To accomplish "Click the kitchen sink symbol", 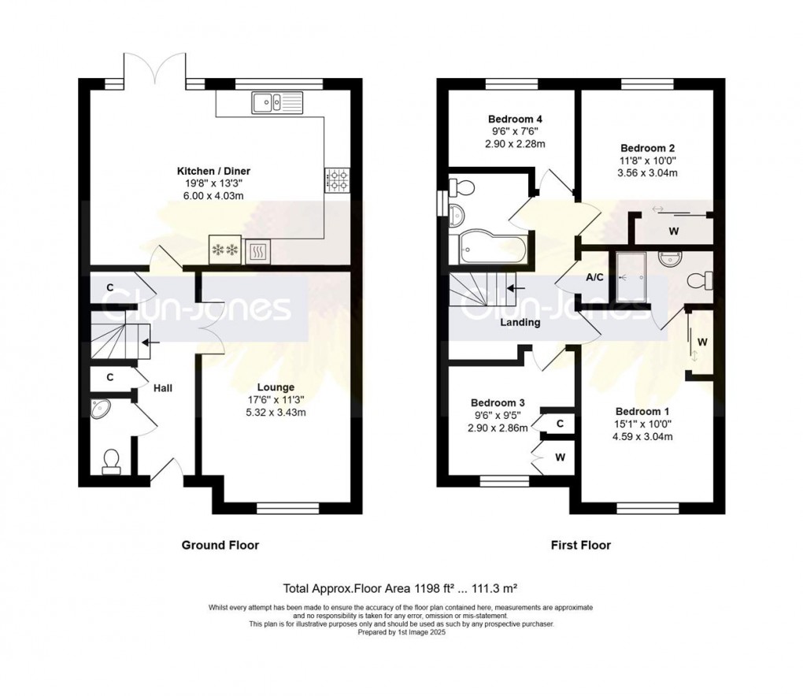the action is point(277,102).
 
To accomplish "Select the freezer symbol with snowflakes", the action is point(225,250).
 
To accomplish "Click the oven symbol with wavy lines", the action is point(258,251).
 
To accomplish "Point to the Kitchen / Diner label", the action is point(213,171).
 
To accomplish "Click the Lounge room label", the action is point(276,387).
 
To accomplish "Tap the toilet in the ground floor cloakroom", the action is point(111,461).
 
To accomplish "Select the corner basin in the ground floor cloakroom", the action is point(100,409).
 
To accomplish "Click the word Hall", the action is point(163,388).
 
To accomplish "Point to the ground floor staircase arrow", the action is point(151,342).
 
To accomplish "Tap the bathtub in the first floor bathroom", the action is point(487,250).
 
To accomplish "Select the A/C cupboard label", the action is point(594,277).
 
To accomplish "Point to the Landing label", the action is point(520,322).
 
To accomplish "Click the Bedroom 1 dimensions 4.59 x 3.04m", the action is point(642,437).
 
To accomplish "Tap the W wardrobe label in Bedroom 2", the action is point(673,231).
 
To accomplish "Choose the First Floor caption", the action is point(581,545).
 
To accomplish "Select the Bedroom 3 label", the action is point(498,403).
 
